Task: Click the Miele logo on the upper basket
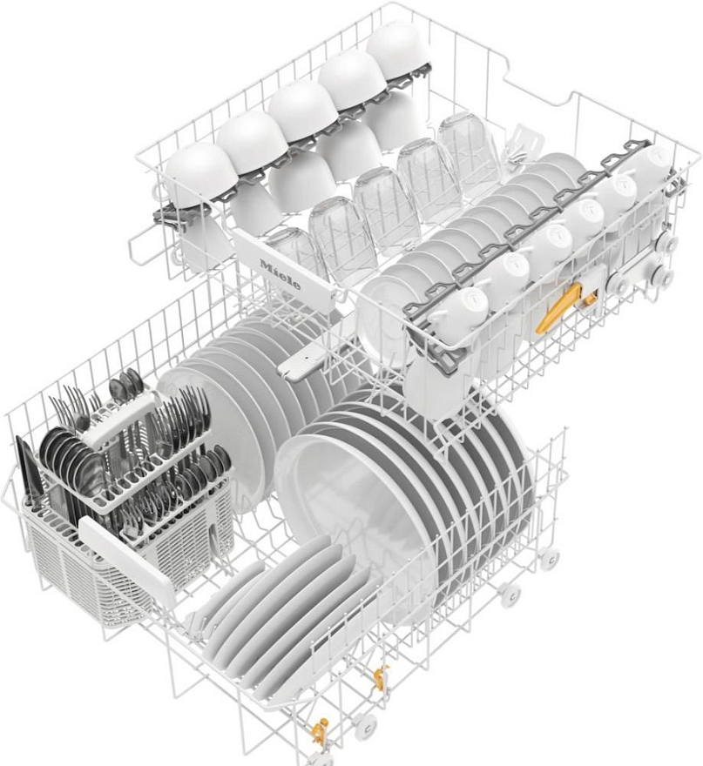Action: coord(280,274)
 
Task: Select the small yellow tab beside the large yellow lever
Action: coord(591,299)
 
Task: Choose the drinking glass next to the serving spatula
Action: coord(467,145)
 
